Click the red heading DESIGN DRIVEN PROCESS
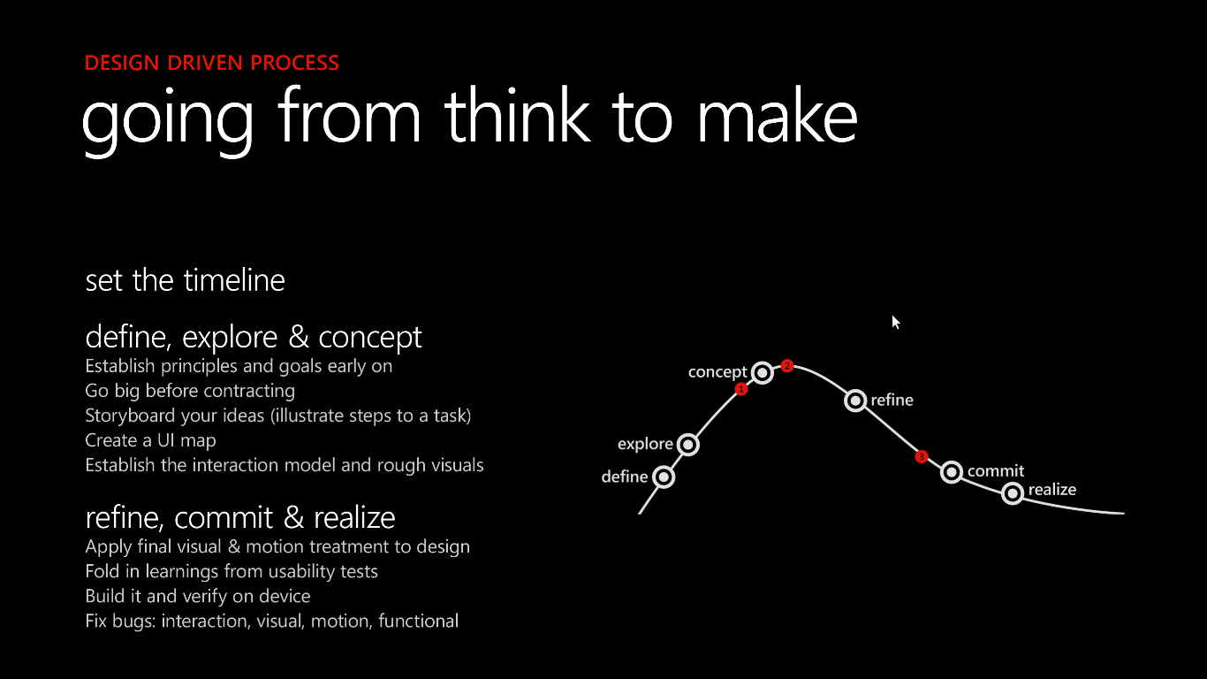click(x=212, y=63)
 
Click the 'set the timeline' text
click(x=185, y=280)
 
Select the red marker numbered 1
click(x=741, y=389)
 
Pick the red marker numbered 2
click(x=787, y=366)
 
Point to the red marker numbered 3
click(x=922, y=457)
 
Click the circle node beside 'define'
click(x=664, y=477)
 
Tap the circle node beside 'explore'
click(x=688, y=445)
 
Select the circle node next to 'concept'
click(x=763, y=372)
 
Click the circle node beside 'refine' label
click(x=855, y=401)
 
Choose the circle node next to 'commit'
click(x=952, y=472)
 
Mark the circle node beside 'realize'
click(x=1013, y=493)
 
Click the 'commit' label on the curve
click(x=996, y=471)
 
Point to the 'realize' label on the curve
click(x=1052, y=489)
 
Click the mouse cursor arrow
click(x=896, y=323)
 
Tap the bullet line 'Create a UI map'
click(x=150, y=440)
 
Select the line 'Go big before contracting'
click(x=190, y=391)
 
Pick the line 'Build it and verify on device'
click(x=198, y=597)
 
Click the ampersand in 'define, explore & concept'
click(x=298, y=338)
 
